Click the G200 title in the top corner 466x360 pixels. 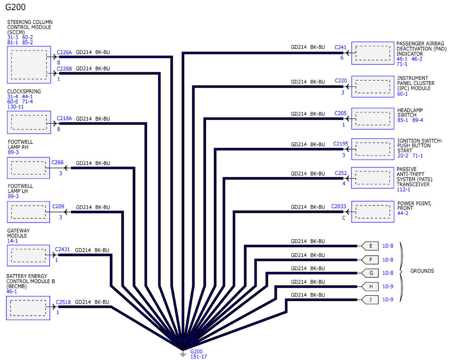click(x=15, y=7)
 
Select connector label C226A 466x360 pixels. click(x=64, y=52)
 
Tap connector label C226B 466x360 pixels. click(x=64, y=69)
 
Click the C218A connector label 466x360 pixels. click(x=64, y=118)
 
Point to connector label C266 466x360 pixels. click(x=57, y=162)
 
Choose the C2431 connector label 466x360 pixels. click(x=63, y=249)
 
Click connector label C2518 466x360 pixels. click(x=63, y=302)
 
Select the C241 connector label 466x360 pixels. click(x=340, y=47)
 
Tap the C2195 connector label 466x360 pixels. click(x=341, y=144)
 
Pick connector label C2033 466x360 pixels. click(x=339, y=206)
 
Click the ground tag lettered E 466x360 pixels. click(x=370, y=246)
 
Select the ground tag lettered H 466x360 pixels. click(x=370, y=287)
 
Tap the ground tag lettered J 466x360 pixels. click(x=370, y=299)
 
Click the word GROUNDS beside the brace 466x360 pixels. click(x=422, y=271)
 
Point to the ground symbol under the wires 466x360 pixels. click(x=183, y=353)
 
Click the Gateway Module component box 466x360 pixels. click(x=28, y=256)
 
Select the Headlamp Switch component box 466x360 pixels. click(x=373, y=118)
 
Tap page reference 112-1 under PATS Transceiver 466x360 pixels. click(x=403, y=190)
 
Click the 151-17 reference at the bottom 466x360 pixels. click(x=198, y=357)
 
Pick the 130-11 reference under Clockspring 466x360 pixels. click(x=16, y=106)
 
